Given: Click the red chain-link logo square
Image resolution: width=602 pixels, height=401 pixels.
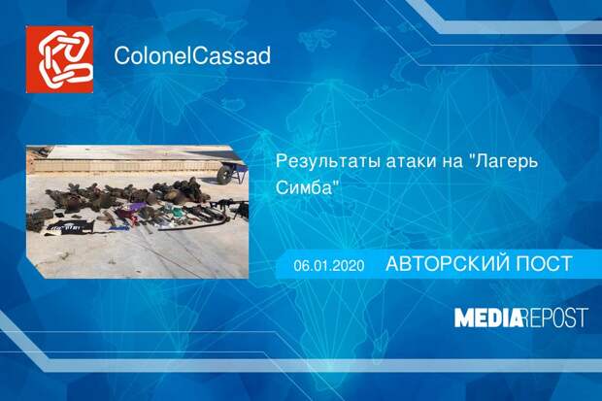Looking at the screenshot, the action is pyautogui.click(x=59, y=59).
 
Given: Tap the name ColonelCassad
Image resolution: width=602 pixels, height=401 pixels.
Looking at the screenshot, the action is pyautogui.click(x=192, y=55).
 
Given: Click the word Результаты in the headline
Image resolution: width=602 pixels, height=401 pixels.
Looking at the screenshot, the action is pyautogui.click(x=328, y=162).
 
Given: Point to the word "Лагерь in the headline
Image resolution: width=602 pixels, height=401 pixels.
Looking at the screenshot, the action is pyautogui.click(x=504, y=162).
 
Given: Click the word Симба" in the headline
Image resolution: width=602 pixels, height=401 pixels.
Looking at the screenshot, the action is pyautogui.click(x=309, y=187).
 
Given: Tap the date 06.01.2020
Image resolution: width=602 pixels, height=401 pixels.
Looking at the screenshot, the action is pyautogui.click(x=329, y=265).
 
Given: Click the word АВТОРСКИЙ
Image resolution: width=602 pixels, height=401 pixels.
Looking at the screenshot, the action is pyautogui.click(x=446, y=264).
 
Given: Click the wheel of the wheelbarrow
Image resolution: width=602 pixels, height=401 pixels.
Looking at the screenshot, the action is pyautogui.click(x=224, y=175).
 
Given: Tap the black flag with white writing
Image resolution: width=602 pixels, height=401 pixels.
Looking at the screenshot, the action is pyautogui.click(x=70, y=228).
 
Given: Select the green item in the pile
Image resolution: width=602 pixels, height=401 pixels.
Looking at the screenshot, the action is pyautogui.click(x=176, y=212).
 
